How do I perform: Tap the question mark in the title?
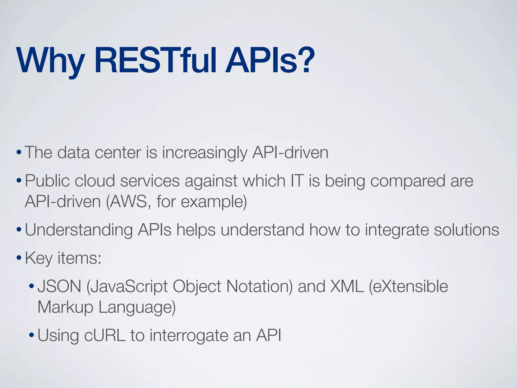306,61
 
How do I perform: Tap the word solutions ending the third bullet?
467,230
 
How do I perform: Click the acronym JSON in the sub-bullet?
59,287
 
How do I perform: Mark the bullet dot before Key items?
19,259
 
